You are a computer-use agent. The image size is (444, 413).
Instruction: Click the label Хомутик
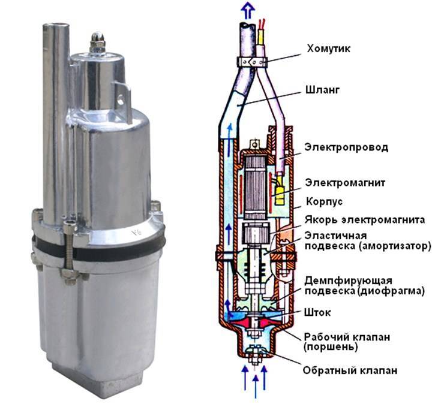click(329, 49)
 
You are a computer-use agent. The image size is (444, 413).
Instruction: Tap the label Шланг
click(322, 90)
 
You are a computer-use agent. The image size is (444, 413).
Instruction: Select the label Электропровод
click(346, 147)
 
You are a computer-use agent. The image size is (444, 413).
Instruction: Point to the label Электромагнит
click(345, 183)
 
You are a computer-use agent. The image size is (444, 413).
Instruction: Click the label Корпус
click(325, 201)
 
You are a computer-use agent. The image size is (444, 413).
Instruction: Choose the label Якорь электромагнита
click(365, 220)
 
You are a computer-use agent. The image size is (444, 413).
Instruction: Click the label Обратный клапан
click(350, 370)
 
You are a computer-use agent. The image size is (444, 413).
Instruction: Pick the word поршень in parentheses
click(331, 347)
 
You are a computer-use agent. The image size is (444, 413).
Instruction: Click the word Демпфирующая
click(348, 281)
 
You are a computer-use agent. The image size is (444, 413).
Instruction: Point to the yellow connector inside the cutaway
click(280, 190)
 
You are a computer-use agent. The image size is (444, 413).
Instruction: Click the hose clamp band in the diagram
click(252, 62)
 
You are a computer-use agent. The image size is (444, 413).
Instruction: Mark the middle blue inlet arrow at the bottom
click(256, 387)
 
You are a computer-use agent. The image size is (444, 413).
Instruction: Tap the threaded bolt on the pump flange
click(69, 246)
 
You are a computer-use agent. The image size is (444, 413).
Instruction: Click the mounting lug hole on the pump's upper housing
click(121, 100)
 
